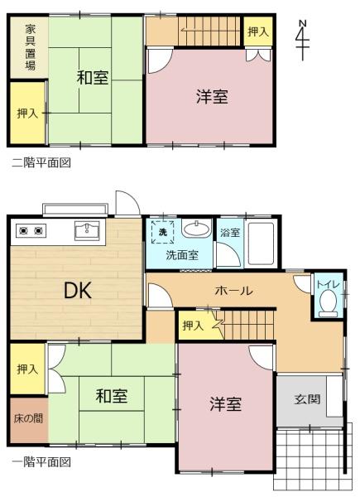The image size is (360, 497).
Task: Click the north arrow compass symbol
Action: pyautogui.click(x=303, y=40)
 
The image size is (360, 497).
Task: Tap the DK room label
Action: pyautogui.click(x=78, y=291)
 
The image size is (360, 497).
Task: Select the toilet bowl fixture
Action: pyautogui.click(x=328, y=303)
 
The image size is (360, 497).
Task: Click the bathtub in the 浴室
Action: pyautogui.click(x=262, y=244)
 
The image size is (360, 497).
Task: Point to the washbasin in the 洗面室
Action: pyautogui.click(x=197, y=229)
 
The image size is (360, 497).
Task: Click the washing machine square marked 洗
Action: pyautogui.click(x=163, y=232)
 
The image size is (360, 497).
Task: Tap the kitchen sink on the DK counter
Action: pyautogui.click(x=87, y=230)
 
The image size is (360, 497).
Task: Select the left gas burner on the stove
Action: pyautogui.click(x=23, y=231)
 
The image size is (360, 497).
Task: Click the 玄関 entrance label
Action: pyautogui.click(x=307, y=399)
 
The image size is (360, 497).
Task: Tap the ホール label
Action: pyautogui.click(x=234, y=290)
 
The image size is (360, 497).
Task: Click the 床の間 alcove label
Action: pyautogui.click(x=28, y=418)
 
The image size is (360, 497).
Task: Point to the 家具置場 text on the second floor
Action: pyautogui.click(x=31, y=47)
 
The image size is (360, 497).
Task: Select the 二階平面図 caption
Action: pyautogui.click(x=41, y=162)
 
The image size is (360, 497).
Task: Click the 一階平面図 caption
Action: pyautogui.click(x=41, y=462)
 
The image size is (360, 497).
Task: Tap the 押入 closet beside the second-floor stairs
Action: pyautogui.click(x=258, y=31)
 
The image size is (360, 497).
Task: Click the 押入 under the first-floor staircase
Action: pyautogui.click(x=193, y=326)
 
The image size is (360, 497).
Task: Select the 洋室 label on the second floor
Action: pyautogui.click(x=212, y=96)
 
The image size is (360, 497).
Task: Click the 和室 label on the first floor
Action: pyautogui.click(x=112, y=396)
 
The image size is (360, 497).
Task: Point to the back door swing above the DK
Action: pyautogui.click(x=127, y=203)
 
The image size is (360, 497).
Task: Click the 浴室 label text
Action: pyautogui.click(x=230, y=232)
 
